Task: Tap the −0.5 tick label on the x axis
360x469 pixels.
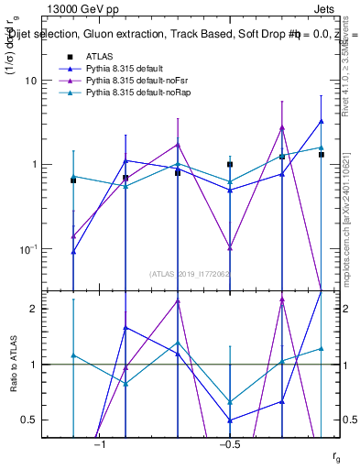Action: (x=229, y=444)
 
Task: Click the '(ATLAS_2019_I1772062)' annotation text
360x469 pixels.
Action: (x=190, y=273)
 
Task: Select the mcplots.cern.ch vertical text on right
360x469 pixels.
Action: (x=345, y=220)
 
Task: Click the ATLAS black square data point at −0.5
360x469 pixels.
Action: (x=230, y=165)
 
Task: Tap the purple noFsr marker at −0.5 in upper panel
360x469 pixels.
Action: (x=230, y=248)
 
